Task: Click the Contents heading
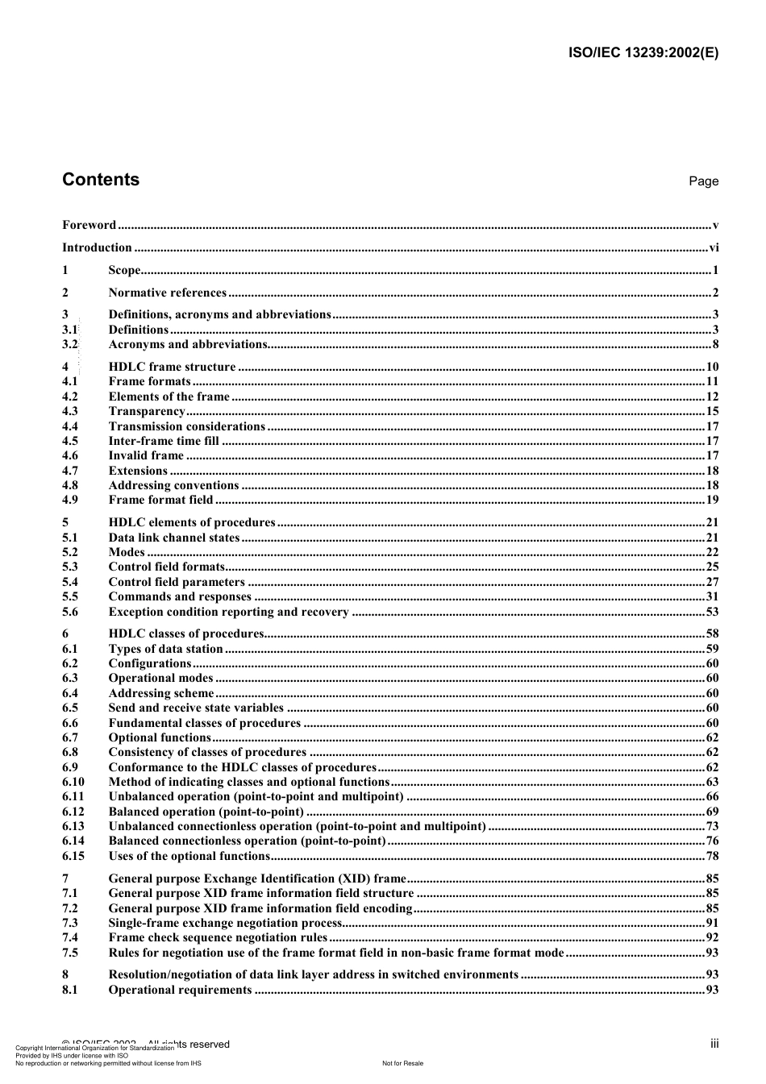click(x=101, y=180)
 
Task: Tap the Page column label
click(x=703, y=181)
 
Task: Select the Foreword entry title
click(x=90, y=225)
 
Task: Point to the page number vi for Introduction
click(x=713, y=248)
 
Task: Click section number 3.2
click(x=70, y=344)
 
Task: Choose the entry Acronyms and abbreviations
click(x=188, y=344)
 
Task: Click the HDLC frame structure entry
click(x=172, y=367)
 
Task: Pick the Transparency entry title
click(x=147, y=411)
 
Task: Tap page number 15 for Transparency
click(x=712, y=411)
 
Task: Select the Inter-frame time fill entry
click(x=164, y=441)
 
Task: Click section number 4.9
click(x=70, y=500)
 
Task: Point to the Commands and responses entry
click(x=180, y=596)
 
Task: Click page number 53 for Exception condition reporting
click(x=712, y=612)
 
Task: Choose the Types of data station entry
click(x=165, y=649)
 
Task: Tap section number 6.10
click(x=73, y=782)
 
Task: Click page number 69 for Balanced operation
click(x=712, y=812)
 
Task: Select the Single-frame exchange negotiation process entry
click(x=225, y=923)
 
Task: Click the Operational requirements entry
click(x=180, y=990)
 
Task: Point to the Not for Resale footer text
click(x=402, y=1063)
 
